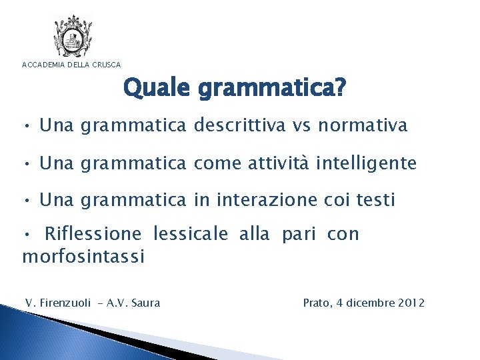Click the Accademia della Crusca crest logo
[x=73, y=37]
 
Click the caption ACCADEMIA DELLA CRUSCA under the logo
[x=72, y=65]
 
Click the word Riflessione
[x=93, y=234]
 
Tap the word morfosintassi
[x=83, y=257]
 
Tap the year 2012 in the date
[x=409, y=303]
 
